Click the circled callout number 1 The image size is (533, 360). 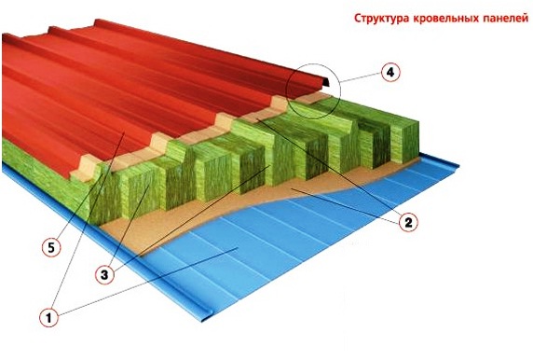[x=47, y=316]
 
